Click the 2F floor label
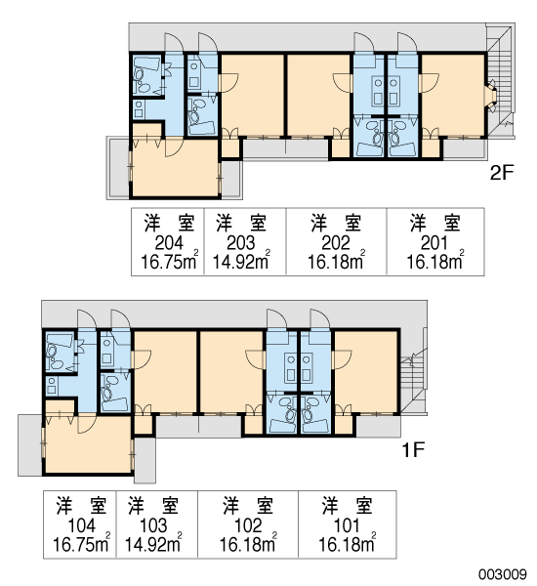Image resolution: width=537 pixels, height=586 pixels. (x=502, y=172)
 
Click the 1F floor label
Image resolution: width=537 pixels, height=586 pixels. (x=413, y=450)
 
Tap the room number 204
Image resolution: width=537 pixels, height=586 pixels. (x=169, y=243)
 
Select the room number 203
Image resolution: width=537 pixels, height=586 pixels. (x=240, y=243)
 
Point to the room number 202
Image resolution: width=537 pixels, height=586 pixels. (x=336, y=243)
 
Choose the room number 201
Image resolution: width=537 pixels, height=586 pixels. (x=434, y=243)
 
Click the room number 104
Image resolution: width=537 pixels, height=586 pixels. (x=81, y=525)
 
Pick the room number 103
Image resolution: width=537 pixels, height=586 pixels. (x=153, y=525)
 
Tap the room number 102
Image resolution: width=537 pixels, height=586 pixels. (x=248, y=525)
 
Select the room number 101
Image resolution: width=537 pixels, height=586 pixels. (x=347, y=525)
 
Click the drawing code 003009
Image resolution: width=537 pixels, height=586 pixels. (x=503, y=573)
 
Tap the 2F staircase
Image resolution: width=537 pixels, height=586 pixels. (x=500, y=80)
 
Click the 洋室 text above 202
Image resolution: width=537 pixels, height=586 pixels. (x=336, y=224)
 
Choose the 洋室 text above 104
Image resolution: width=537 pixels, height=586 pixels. (x=81, y=506)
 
